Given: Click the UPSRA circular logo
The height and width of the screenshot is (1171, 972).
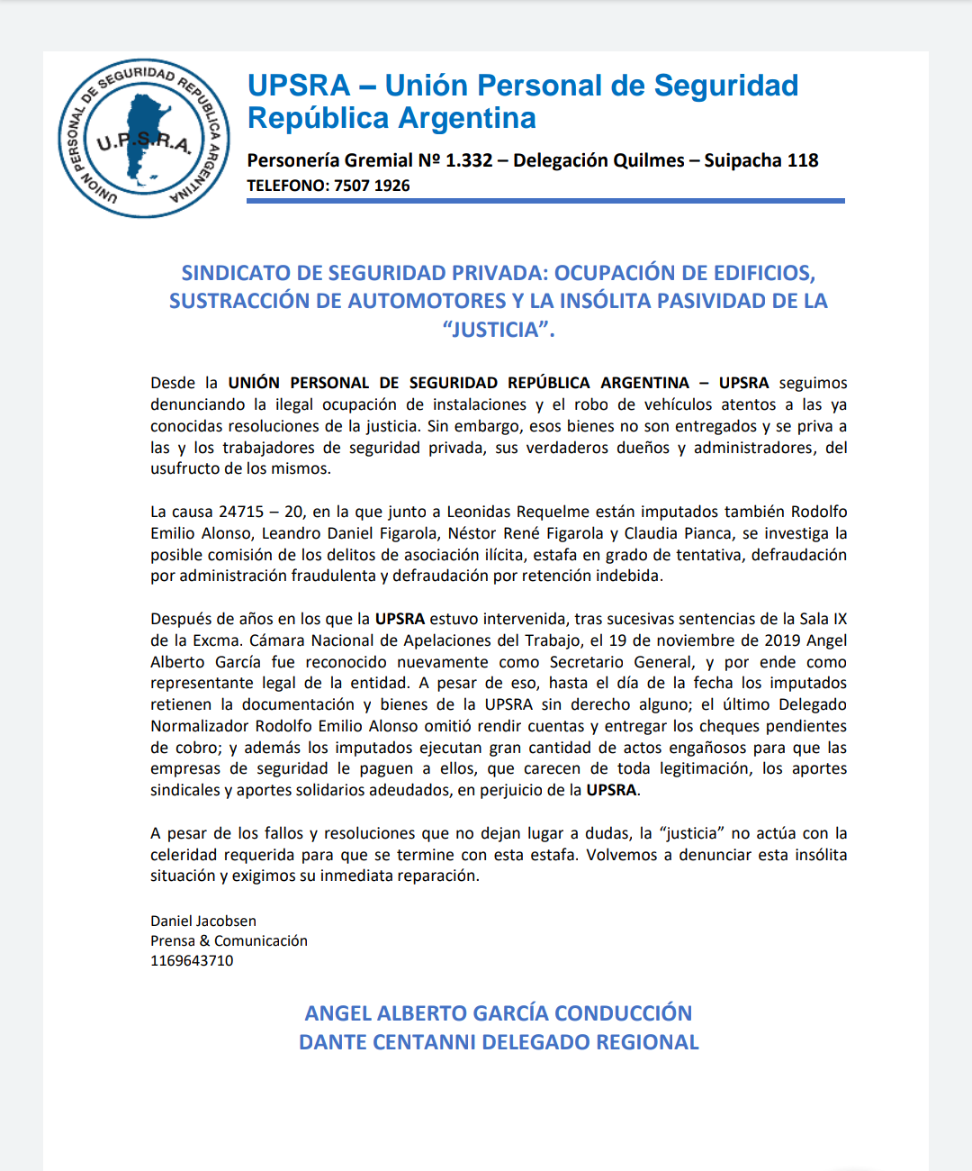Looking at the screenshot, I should pyautogui.click(x=144, y=139).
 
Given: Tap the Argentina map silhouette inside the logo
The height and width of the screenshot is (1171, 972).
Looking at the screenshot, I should pyautogui.click(x=144, y=135).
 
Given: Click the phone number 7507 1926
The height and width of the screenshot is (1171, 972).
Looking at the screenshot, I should pyautogui.click(x=372, y=186).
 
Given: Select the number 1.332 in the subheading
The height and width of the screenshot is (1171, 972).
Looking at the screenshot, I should pyautogui.click(x=469, y=160).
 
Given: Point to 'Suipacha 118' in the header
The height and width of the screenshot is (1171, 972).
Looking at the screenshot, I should pyautogui.click(x=761, y=160).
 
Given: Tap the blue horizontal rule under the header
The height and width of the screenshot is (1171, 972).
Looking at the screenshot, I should pyautogui.click(x=545, y=201).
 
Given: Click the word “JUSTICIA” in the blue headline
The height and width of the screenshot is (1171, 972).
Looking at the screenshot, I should pyautogui.click(x=498, y=330).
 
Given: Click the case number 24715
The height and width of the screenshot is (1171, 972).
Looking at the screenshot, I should pyautogui.click(x=239, y=512).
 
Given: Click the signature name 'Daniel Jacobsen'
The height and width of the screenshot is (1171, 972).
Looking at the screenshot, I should pyautogui.click(x=203, y=921).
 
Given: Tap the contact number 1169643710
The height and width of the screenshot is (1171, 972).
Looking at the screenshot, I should pyautogui.click(x=192, y=960).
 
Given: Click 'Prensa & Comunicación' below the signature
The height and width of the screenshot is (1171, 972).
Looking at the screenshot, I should pyautogui.click(x=229, y=940).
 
